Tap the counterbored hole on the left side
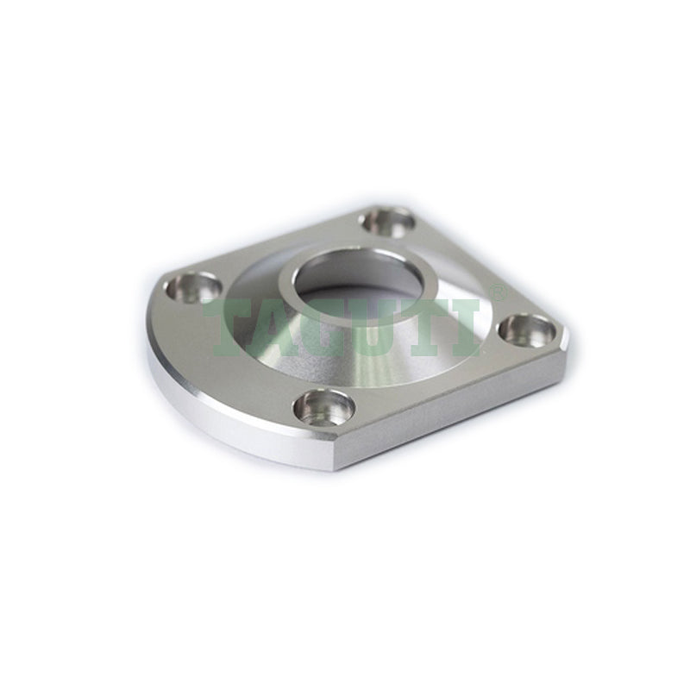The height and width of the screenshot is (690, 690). (x=194, y=287)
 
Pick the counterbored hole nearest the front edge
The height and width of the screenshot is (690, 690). (x=324, y=408)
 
